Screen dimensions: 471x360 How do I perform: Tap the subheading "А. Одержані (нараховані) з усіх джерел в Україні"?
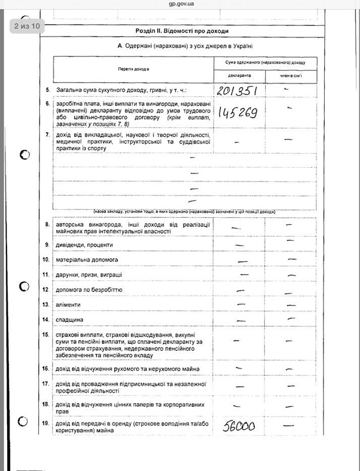pyautogui.click(x=185, y=46)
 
